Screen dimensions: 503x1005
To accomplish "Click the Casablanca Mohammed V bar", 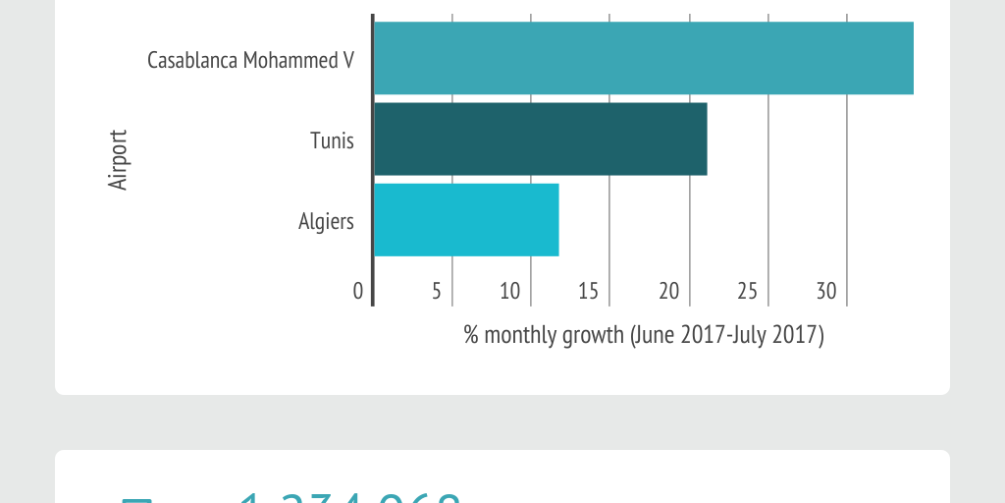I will click(644, 58).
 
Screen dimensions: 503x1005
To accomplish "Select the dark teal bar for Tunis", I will click(540, 140).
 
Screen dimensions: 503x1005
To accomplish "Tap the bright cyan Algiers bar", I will click(466, 220).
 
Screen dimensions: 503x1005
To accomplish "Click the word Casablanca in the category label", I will click(192, 60).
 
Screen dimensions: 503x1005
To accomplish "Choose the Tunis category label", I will click(332, 140).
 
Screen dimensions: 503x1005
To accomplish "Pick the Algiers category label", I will click(326, 221).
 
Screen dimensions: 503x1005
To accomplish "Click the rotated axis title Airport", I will click(118, 159).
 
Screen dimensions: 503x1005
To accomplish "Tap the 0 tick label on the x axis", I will click(358, 291).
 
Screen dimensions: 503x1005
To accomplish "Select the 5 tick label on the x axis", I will click(436, 291).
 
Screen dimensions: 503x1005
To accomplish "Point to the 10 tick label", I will click(509, 291).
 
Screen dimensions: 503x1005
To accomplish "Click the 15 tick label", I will click(589, 291).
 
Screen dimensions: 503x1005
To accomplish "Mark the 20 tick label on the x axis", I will click(668, 291).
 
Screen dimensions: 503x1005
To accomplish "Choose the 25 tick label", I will click(748, 291).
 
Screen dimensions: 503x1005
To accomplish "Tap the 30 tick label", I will click(826, 291).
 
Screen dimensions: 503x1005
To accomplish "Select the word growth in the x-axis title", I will click(592, 335).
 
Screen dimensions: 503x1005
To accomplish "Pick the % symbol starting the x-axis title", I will click(471, 335).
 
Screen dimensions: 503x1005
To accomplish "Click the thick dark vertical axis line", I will click(373, 157).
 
